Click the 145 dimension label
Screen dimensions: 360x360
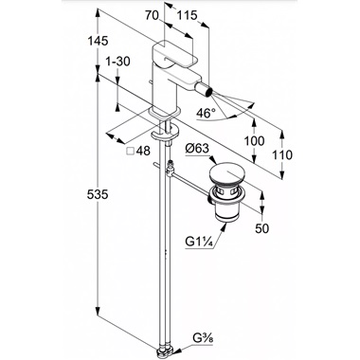point(98,41)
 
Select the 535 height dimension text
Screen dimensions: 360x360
point(98,194)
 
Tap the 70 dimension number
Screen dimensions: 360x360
point(152,15)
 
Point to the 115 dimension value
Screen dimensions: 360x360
point(187,15)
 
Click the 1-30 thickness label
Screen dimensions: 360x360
point(117,62)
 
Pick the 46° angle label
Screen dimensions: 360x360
point(206,113)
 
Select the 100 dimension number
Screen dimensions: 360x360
point(255,140)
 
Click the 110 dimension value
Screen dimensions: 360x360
point(283,155)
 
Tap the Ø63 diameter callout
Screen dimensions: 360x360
point(197,148)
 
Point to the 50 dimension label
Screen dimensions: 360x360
point(262,228)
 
